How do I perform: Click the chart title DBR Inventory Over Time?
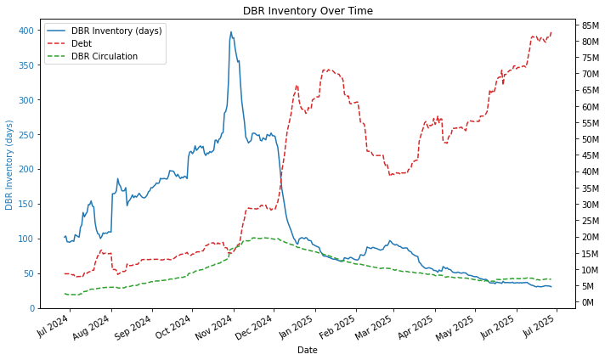click(x=308, y=11)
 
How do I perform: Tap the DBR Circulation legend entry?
click(x=105, y=56)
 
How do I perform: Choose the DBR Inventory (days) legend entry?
click(x=116, y=31)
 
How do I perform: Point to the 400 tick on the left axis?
click(x=26, y=31)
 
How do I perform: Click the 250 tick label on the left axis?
click(x=26, y=135)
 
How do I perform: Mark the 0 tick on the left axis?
click(x=31, y=308)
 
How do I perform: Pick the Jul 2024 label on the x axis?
click(x=54, y=327)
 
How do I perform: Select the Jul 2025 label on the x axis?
click(x=533, y=327)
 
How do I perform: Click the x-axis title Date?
click(x=308, y=350)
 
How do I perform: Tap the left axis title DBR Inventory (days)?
click(x=10, y=164)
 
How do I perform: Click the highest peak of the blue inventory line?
click(x=231, y=32)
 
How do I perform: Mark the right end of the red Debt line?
click(x=551, y=32)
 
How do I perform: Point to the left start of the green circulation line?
click(x=65, y=294)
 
